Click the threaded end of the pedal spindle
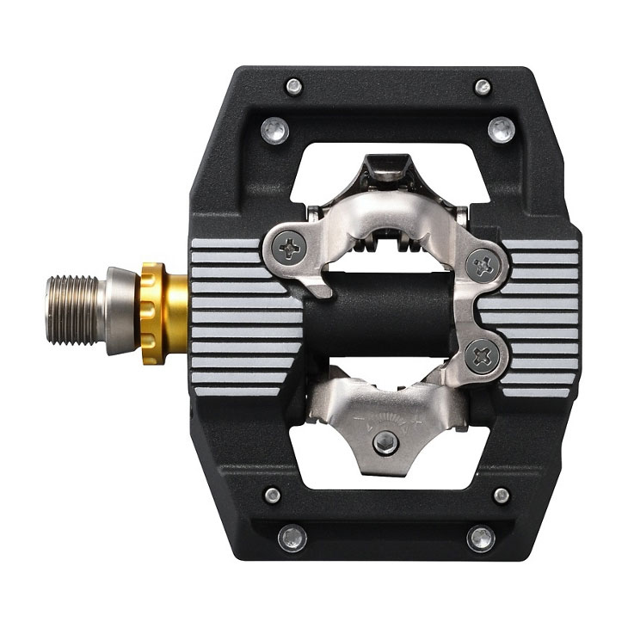point(73,311)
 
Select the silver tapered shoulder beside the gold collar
point(119,311)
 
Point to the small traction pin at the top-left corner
point(294,86)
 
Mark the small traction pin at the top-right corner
point(483,86)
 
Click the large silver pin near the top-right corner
point(501,131)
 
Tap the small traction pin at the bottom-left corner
point(273,495)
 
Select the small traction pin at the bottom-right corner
point(501,495)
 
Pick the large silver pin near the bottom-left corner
point(292,539)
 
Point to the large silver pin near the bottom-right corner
point(480,539)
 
